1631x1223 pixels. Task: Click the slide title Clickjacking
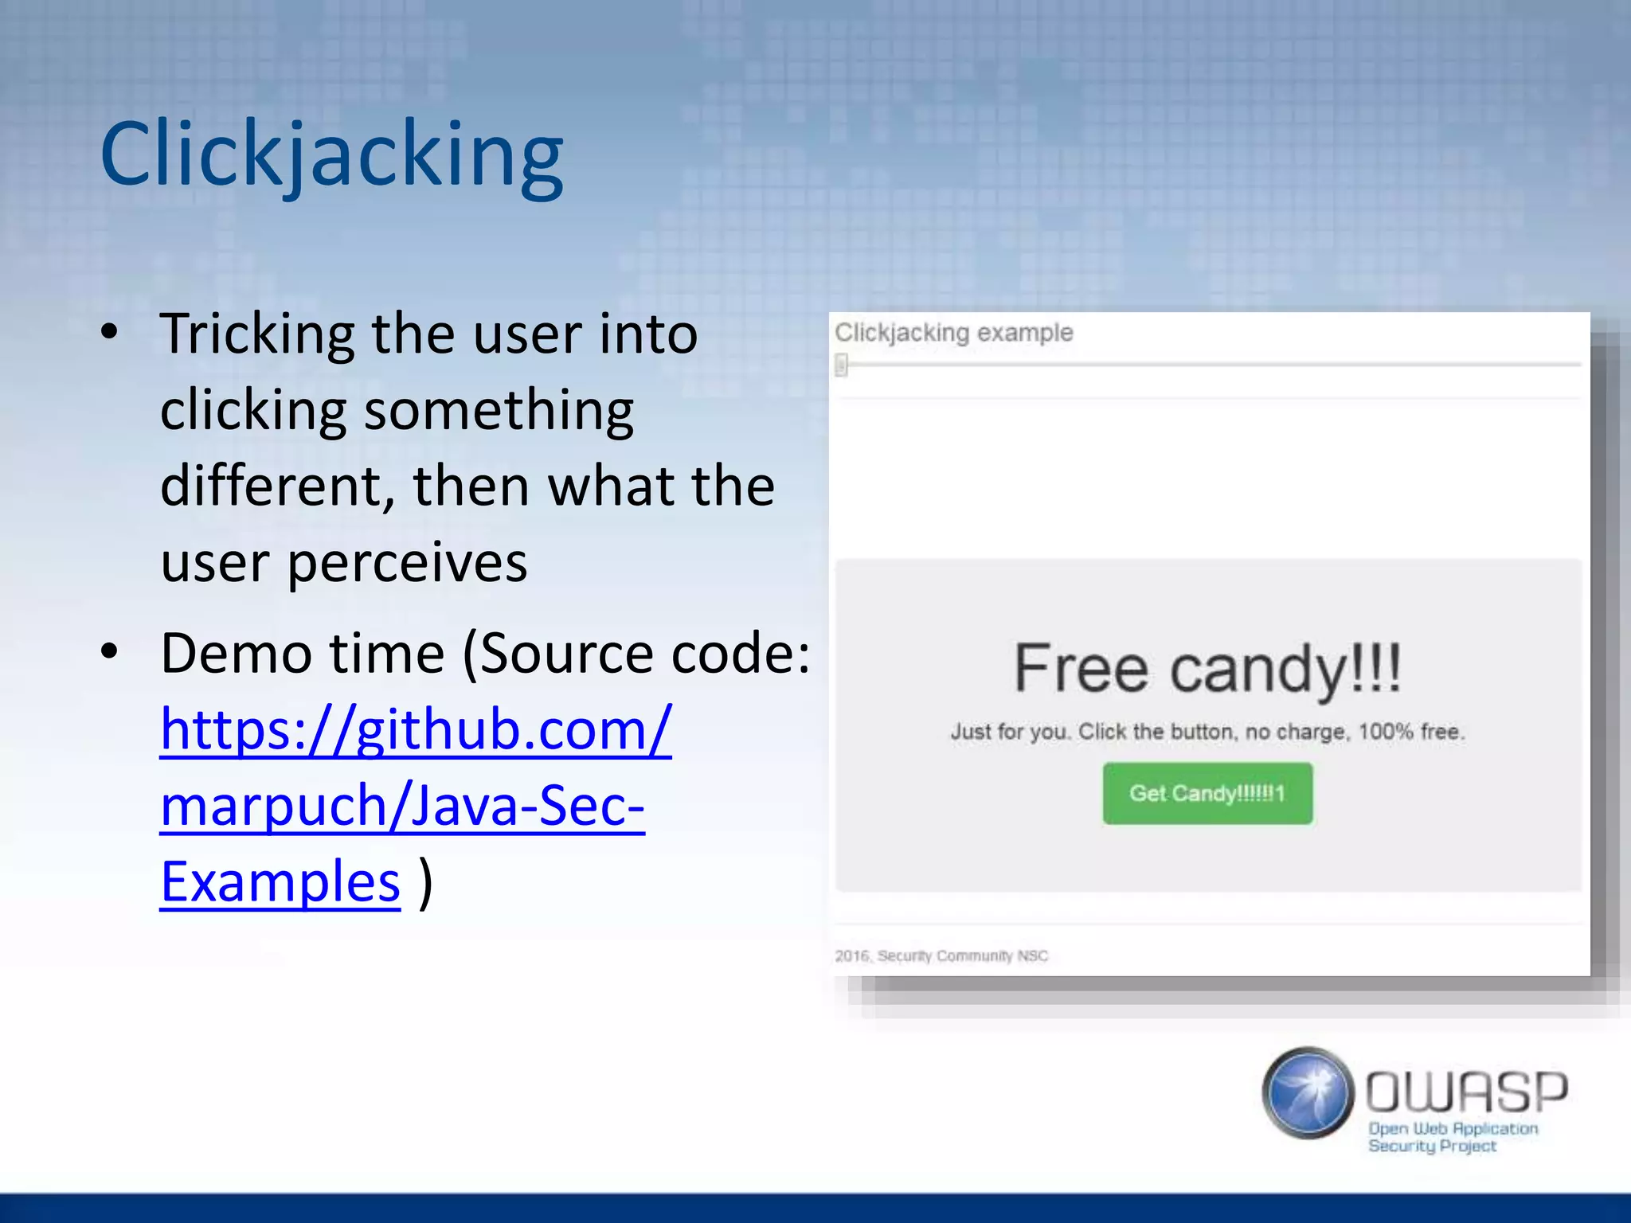point(331,155)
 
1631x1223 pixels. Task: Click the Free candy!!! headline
point(1207,669)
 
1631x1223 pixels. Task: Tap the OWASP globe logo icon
point(1308,1092)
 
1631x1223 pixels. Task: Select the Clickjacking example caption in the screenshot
point(953,332)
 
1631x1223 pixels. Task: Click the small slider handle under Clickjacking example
point(842,365)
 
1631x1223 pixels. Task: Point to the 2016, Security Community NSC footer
point(941,955)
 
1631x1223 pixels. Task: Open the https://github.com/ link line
point(416,729)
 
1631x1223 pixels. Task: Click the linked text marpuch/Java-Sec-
point(402,806)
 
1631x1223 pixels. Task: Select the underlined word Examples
point(280,882)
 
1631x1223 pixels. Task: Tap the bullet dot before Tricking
point(110,332)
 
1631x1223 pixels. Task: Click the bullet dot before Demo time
point(110,651)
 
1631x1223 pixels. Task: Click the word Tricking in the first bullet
point(257,334)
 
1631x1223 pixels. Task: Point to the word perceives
point(407,563)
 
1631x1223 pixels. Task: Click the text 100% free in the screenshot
point(1410,732)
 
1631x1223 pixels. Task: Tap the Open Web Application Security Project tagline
point(1453,1137)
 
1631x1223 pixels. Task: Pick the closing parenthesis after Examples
point(426,882)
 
